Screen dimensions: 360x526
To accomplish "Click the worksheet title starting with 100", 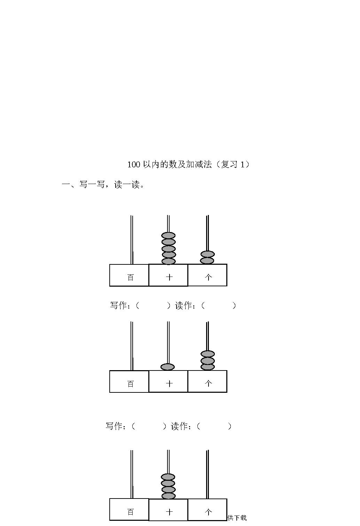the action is (x=188, y=164).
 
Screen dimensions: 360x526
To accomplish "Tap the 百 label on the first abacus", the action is (x=131, y=277).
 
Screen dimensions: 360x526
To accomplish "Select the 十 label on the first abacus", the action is (x=169, y=277).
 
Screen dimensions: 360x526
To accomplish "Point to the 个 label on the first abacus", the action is (x=209, y=277).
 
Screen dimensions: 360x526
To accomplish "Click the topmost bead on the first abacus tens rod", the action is (x=168, y=235).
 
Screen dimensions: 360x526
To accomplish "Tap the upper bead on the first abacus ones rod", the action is (x=208, y=254).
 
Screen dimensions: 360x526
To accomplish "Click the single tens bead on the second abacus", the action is (x=167, y=367).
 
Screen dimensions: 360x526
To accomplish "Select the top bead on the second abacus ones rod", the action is (x=208, y=354).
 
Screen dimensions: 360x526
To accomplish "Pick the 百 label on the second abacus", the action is (x=131, y=384).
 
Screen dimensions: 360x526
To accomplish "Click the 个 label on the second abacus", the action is (x=209, y=384).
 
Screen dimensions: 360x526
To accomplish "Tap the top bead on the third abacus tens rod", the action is (x=168, y=477).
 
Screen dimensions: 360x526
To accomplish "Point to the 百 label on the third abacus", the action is (x=131, y=512).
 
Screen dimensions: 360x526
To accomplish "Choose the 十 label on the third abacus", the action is (x=169, y=512).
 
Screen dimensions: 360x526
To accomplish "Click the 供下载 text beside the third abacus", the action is (x=237, y=518).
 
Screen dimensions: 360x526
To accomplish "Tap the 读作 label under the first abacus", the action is (x=183, y=305).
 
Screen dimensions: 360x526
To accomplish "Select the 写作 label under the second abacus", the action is (x=114, y=426).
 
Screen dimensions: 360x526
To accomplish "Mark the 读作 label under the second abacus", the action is (x=179, y=426).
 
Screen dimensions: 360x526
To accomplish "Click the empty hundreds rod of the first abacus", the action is (x=132, y=240).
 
